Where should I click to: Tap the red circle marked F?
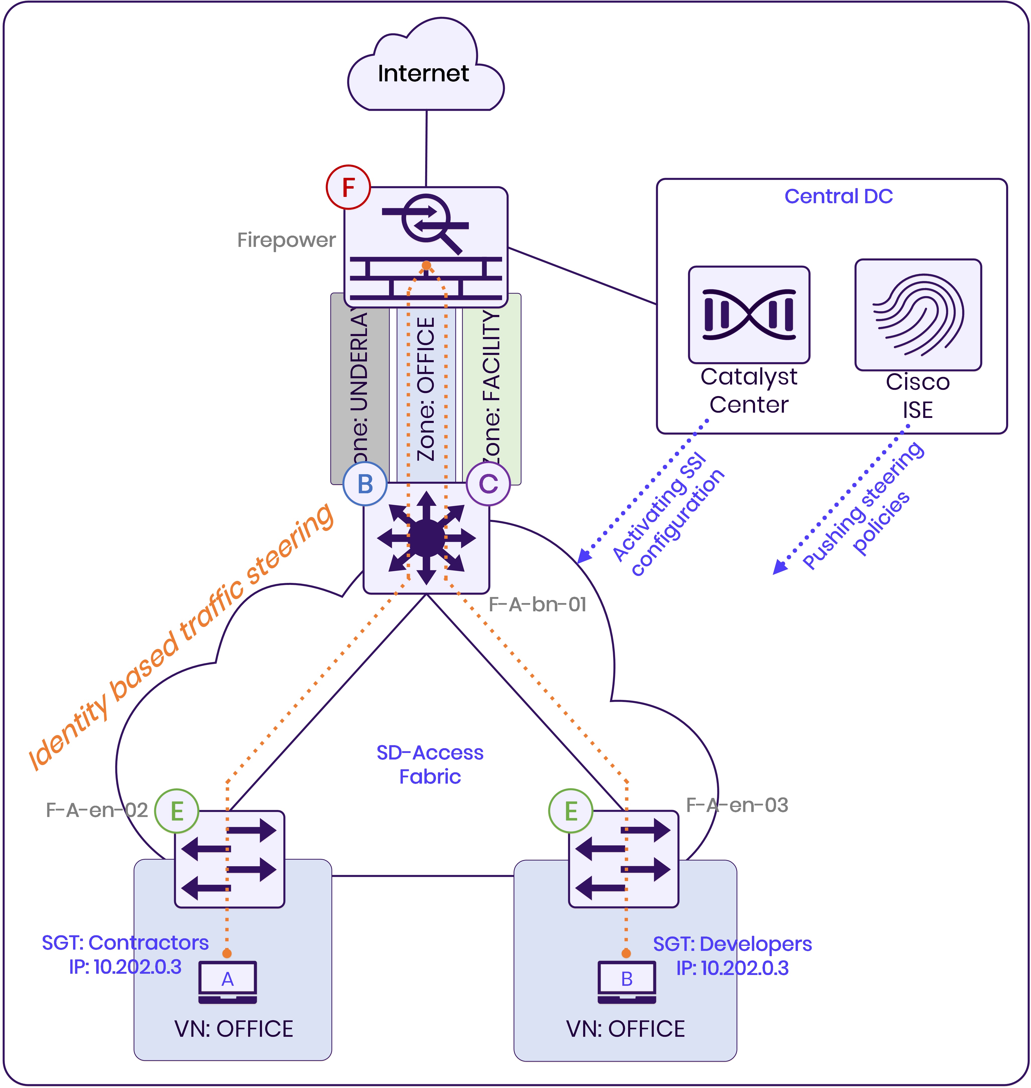click(x=348, y=187)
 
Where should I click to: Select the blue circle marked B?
click(x=365, y=484)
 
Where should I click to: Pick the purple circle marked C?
click(x=488, y=484)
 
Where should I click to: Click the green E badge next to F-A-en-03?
click(x=570, y=811)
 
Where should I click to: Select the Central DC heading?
click(x=838, y=196)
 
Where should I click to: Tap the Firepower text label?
click(x=286, y=240)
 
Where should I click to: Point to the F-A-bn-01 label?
click(x=537, y=605)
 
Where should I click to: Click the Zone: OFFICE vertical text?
click(x=426, y=389)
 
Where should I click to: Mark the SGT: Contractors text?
click(x=125, y=943)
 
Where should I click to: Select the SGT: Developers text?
click(x=732, y=944)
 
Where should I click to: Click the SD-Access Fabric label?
click(x=430, y=764)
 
